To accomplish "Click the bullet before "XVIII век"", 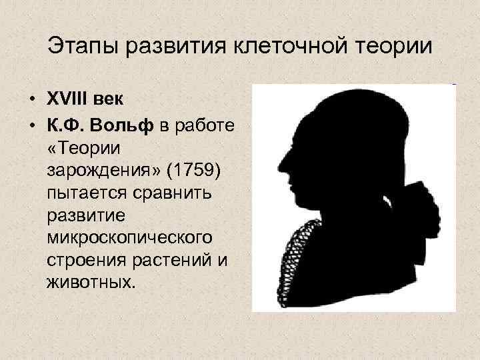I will click(31, 99).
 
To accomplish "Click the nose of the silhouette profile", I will click(281, 163).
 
